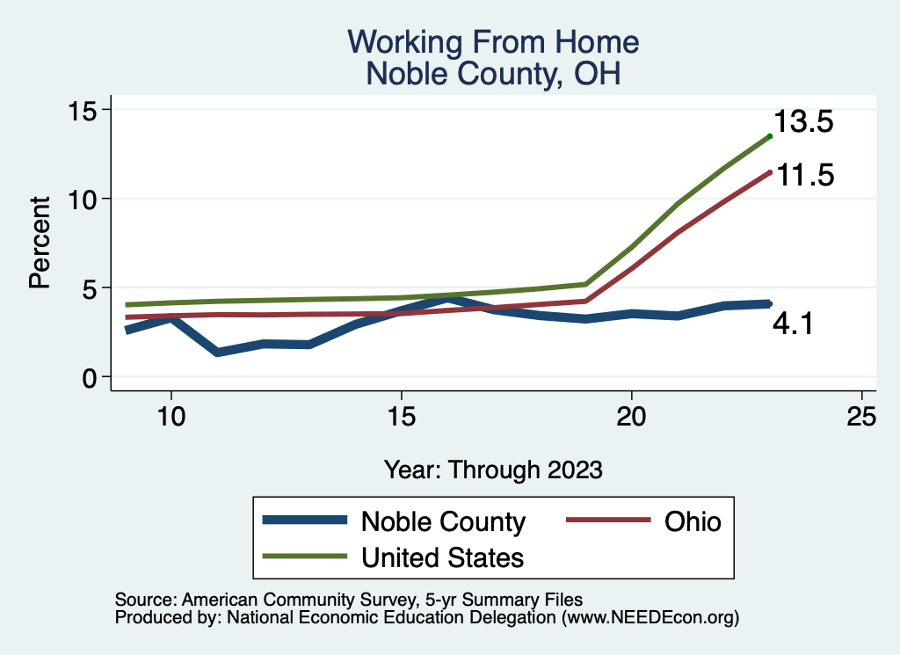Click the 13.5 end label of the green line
click(803, 122)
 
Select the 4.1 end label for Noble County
click(793, 325)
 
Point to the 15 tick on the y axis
click(85, 110)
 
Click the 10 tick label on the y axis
click(85, 199)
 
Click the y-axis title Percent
click(39, 243)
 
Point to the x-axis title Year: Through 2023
click(493, 469)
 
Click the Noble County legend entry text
click(443, 521)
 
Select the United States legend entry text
click(442, 557)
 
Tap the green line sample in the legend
click(304, 556)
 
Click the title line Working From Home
click(493, 41)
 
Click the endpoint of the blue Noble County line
click(769, 303)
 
